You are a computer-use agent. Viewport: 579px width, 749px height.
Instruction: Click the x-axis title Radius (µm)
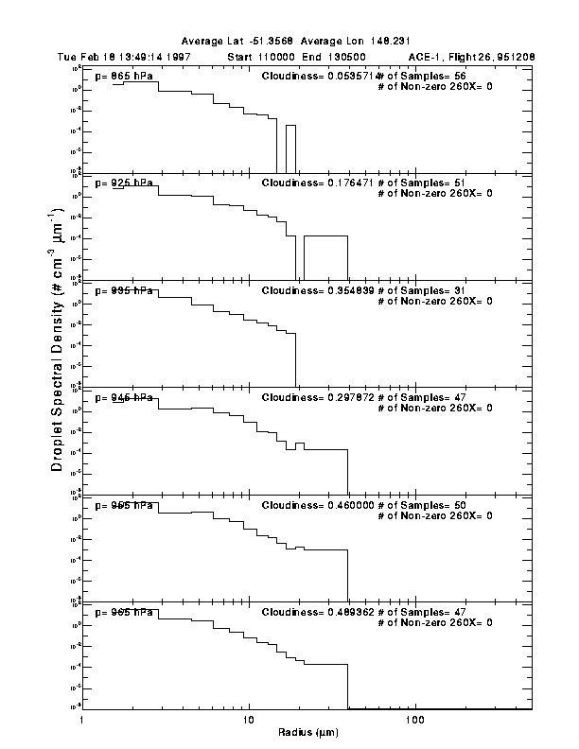[308, 733]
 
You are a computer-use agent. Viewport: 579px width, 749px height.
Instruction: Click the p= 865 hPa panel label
[124, 76]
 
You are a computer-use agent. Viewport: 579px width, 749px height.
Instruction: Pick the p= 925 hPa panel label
[124, 183]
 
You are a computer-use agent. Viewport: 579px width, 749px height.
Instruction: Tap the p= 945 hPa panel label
[124, 398]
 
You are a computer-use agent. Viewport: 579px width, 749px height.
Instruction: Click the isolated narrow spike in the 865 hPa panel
[291, 147]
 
